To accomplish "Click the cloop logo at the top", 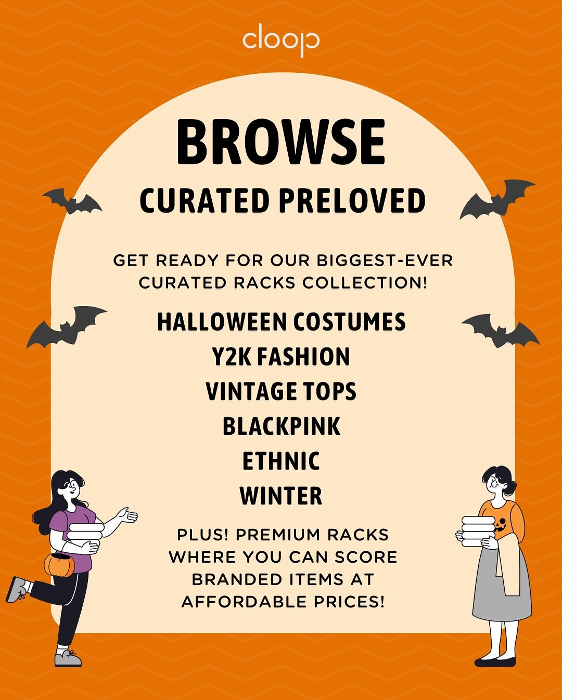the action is [x=281, y=41].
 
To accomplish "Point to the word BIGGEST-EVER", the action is [x=385, y=261].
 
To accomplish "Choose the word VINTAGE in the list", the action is [x=251, y=391].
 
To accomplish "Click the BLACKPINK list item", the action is [x=281, y=426].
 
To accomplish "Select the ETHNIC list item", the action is [x=281, y=461].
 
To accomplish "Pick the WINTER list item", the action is [x=281, y=496].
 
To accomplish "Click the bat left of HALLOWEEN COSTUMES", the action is [x=66, y=327].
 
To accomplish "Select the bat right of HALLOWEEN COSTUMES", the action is [x=501, y=330].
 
